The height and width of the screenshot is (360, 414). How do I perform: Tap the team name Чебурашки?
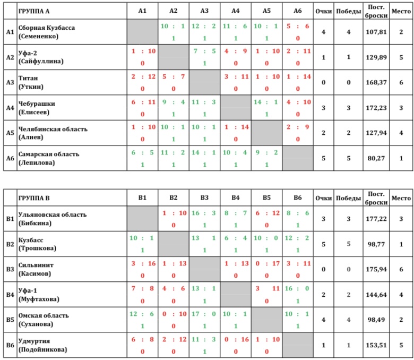(37, 104)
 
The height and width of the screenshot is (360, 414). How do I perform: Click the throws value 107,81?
(376, 32)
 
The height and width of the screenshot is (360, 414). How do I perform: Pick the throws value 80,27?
(376, 158)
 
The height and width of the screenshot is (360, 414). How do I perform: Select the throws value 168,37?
(376, 83)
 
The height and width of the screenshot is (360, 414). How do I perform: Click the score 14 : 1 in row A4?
(267, 100)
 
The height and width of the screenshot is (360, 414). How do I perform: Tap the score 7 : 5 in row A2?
(204, 50)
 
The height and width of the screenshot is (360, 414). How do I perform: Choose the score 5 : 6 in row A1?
(298, 25)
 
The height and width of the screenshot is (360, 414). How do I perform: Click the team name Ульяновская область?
(52, 215)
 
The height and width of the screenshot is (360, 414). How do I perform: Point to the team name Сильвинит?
(37, 265)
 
